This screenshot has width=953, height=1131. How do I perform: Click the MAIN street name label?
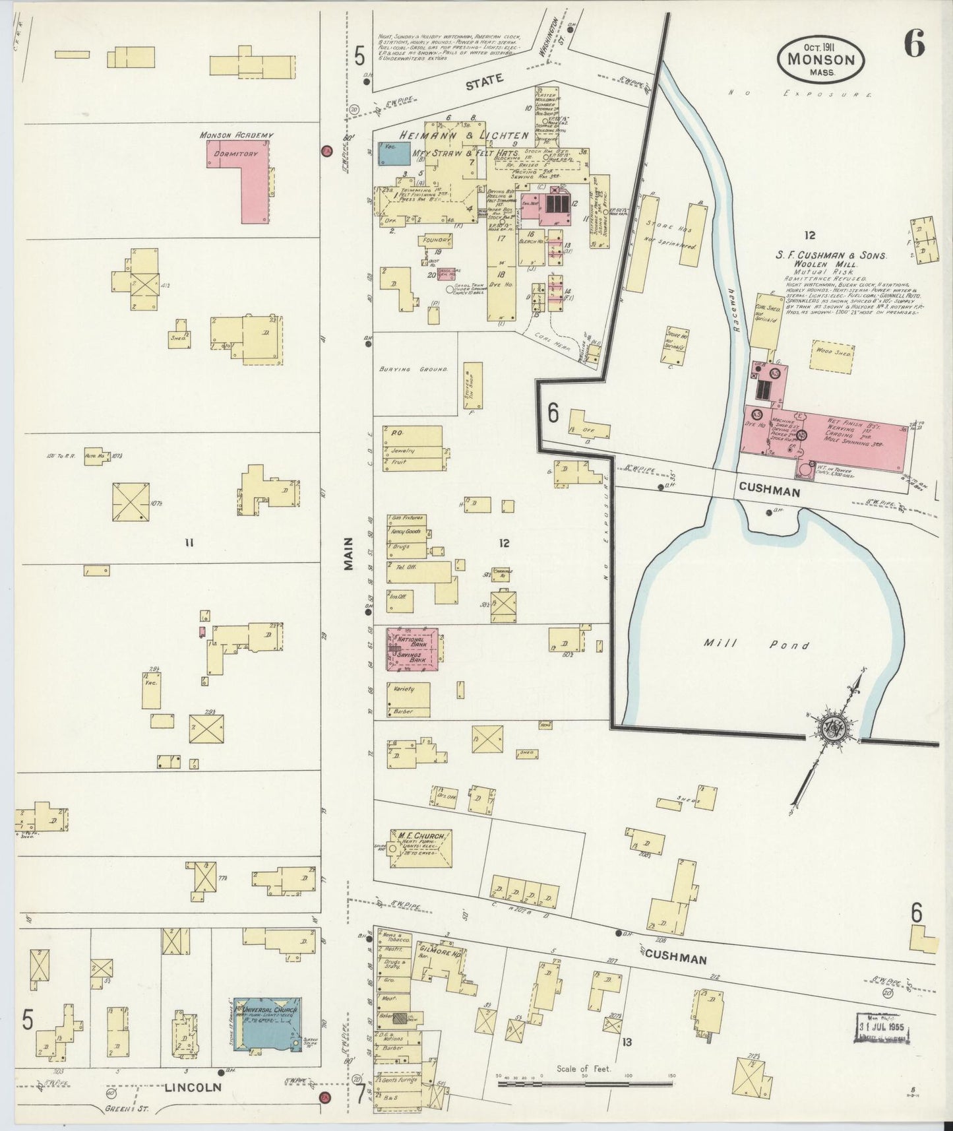click(348, 554)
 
